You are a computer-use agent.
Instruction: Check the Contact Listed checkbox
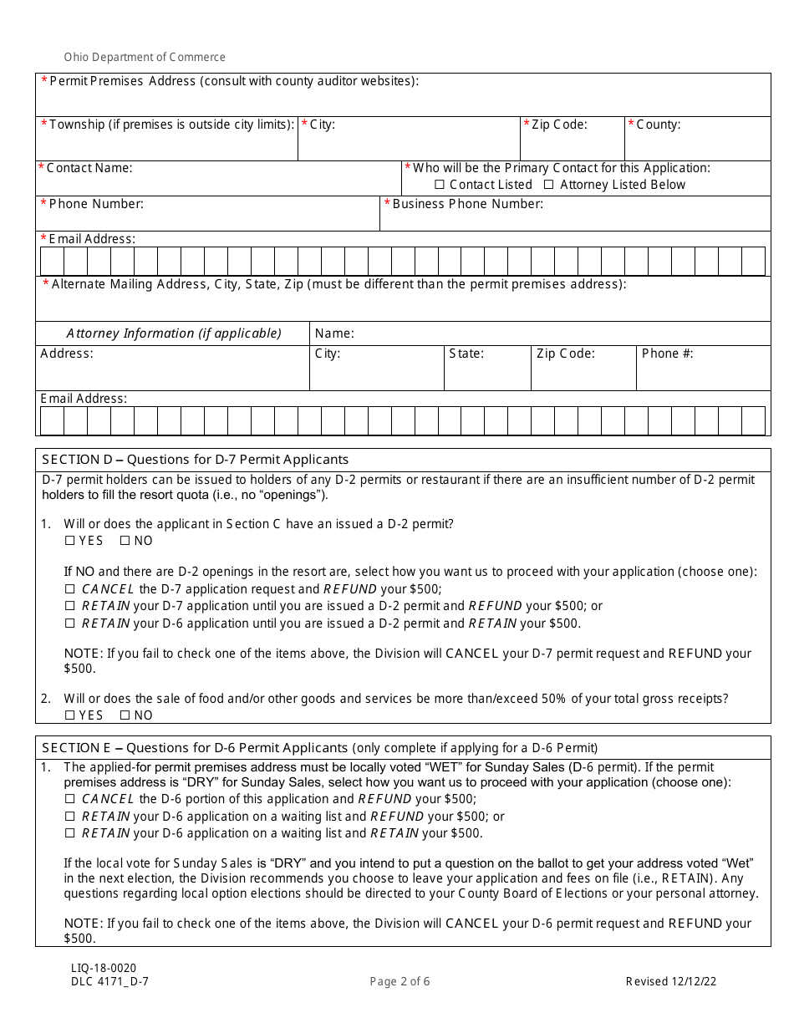pyautogui.click(x=440, y=185)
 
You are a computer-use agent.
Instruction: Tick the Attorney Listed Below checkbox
pyautogui.click(x=549, y=185)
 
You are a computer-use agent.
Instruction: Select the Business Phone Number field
pyautogui.click(x=575, y=218)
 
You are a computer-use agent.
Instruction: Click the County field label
pyautogui.click(x=658, y=125)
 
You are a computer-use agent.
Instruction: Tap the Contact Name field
pyautogui.click(x=217, y=183)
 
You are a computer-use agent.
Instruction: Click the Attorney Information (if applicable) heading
pyautogui.click(x=174, y=333)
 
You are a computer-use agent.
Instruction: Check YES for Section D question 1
pyautogui.click(x=69, y=541)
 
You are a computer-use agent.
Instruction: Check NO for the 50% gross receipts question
pyautogui.click(x=125, y=715)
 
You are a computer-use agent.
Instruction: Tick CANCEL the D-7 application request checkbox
pyautogui.click(x=70, y=589)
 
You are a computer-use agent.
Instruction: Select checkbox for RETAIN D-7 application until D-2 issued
pyautogui.click(x=70, y=606)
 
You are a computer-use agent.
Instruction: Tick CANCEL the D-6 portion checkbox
pyautogui.click(x=70, y=799)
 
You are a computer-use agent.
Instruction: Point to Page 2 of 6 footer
pyautogui.click(x=400, y=981)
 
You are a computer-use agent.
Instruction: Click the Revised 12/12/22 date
pyautogui.click(x=671, y=981)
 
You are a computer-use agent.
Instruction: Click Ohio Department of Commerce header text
pyautogui.click(x=145, y=58)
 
